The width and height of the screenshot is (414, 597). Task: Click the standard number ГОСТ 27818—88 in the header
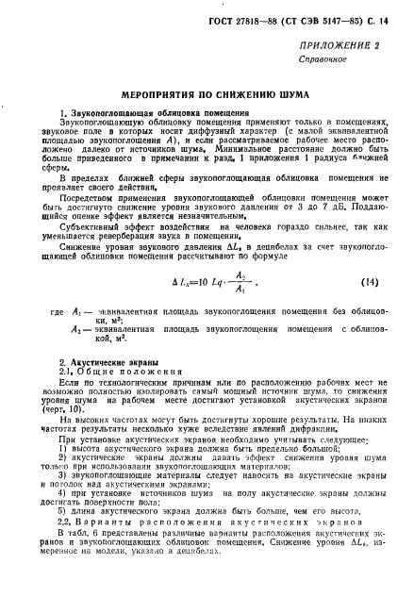[246, 19]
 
